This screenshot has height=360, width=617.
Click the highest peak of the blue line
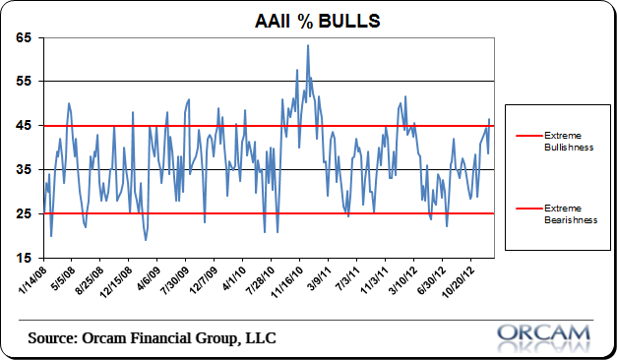[308, 45]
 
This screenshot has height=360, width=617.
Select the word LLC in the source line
[259, 338]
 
